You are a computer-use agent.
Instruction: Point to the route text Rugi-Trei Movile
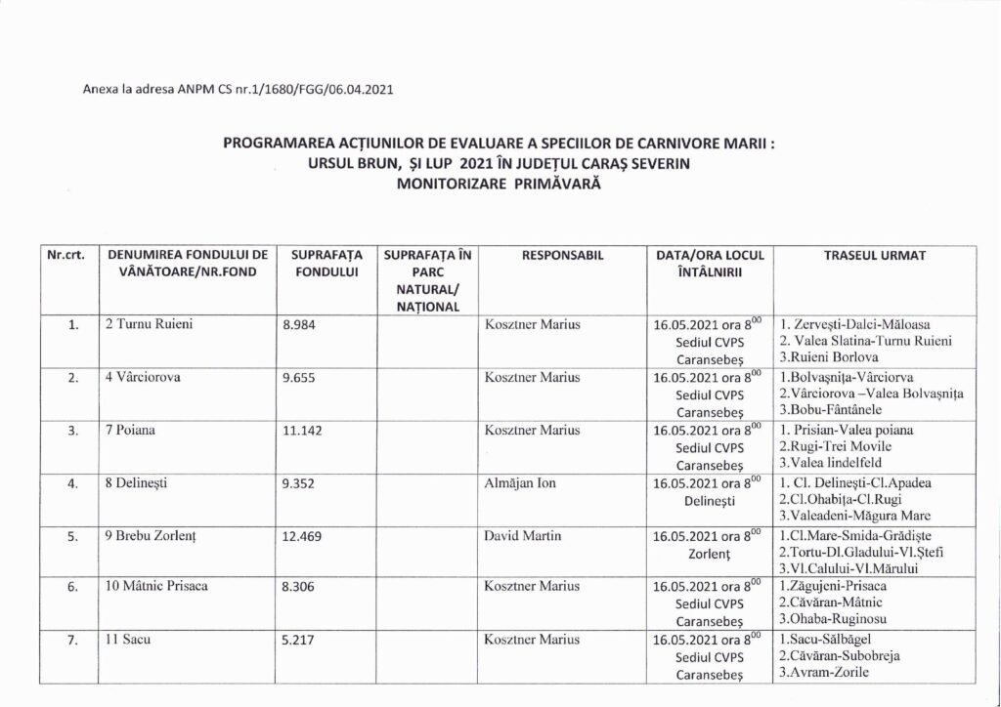click(x=841, y=446)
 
